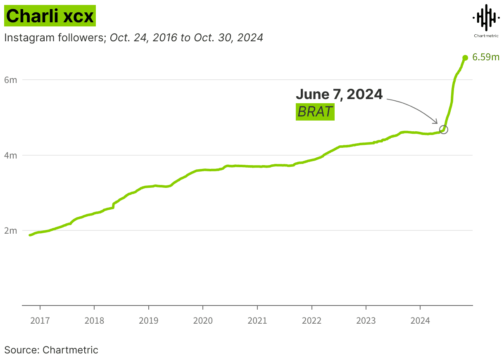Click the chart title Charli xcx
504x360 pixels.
50,16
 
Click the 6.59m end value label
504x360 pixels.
486,57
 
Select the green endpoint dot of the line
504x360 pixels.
465,58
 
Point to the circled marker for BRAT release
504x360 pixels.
444,129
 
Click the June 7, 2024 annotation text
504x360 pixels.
339,94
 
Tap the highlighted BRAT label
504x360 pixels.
315,112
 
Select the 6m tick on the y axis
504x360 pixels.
11,80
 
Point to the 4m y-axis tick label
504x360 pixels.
11,156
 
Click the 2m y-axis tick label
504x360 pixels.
11,230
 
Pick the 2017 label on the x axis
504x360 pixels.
40,320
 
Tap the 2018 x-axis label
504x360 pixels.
94,320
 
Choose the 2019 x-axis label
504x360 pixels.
148,320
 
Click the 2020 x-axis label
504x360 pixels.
203,320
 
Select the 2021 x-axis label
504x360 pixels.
257,320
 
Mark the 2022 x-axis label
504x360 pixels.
311,320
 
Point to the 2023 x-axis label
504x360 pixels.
366,320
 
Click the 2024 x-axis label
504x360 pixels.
420,320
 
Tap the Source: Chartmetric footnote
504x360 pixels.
51,350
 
